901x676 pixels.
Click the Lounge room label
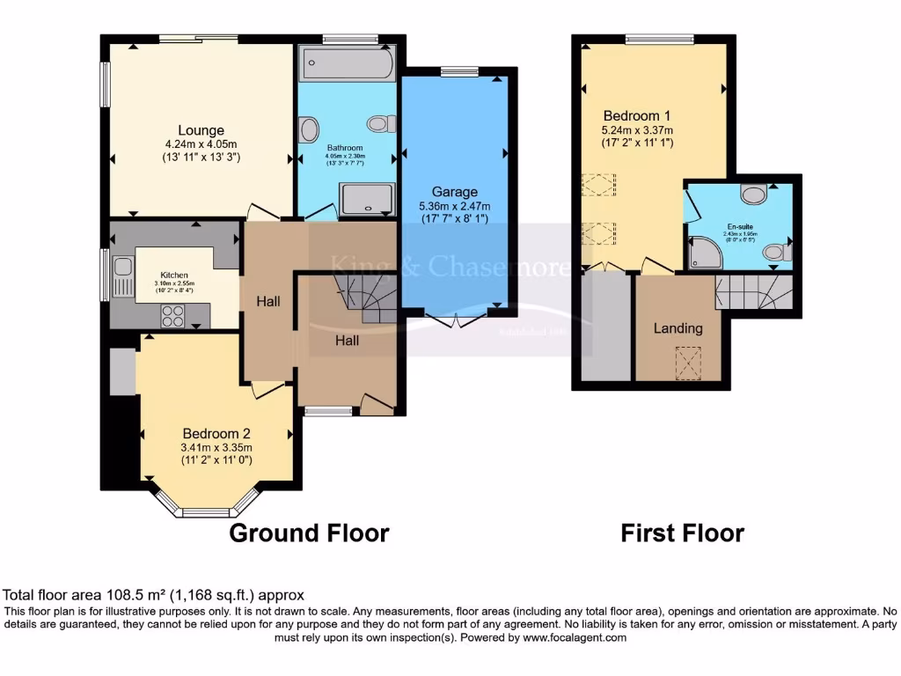click(201, 130)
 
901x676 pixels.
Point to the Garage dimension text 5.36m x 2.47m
click(455, 207)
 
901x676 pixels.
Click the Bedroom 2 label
click(216, 433)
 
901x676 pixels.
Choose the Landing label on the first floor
click(678, 328)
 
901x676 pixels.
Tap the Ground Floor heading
click(309, 533)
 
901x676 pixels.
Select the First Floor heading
click(682, 533)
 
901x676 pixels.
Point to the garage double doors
click(455, 320)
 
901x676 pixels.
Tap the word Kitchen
click(174, 275)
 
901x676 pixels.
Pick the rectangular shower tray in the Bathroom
click(367, 199)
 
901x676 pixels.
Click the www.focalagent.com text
click(576, 637)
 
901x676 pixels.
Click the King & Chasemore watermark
click(449, 266)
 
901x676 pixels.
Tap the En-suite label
click(739, 226)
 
